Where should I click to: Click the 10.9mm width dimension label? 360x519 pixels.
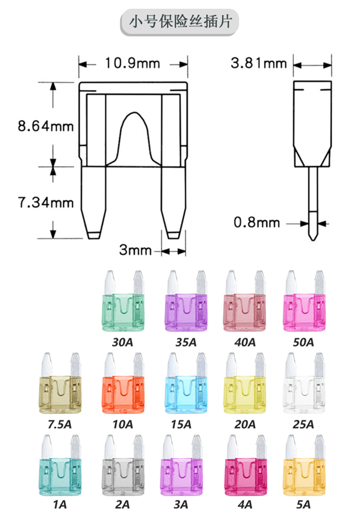(132, 63)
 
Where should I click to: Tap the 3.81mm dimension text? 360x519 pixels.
(258, 63)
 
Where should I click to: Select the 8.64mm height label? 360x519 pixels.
(46, 126)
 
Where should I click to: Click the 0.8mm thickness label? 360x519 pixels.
(257, 222)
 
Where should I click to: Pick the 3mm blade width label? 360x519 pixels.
(135, 250)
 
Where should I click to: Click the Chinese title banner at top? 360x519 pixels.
(179, 22)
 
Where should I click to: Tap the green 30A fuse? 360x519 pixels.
(123, 301)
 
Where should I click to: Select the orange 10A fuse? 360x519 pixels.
(123, 383)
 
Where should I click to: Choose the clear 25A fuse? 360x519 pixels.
(304, 383)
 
